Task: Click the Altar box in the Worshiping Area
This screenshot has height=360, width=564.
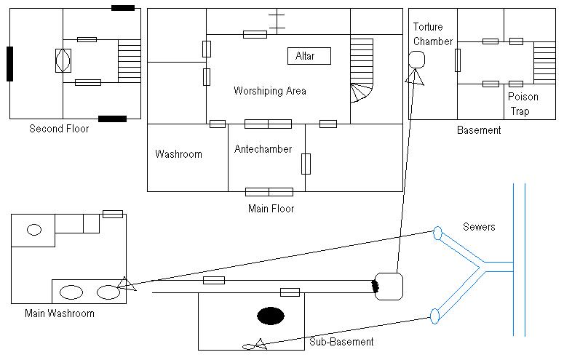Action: click(x=309, y=56)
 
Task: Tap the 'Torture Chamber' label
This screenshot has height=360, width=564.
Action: click(x=433, y=34)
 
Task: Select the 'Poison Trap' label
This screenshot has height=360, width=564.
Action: click(x=523, y=104)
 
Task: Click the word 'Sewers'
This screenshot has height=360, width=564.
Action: click(x=479, y=227)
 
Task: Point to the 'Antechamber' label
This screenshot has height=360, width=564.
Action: click(x=263, y=149)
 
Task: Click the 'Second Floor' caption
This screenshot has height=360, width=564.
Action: click(x=59, y=129)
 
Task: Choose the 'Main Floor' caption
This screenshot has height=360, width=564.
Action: click(x=271, y=209)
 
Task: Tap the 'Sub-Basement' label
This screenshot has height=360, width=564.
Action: click(x=341, y=342)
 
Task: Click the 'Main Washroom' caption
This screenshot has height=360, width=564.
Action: click(x=60, y=313)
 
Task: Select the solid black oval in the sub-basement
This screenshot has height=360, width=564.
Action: click(x=271, y=316)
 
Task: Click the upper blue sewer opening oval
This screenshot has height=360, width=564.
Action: click(x=437, y=233)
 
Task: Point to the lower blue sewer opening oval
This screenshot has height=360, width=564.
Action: click(x=435, y=316)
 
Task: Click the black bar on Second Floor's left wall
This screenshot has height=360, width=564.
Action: click(x=9, y=64)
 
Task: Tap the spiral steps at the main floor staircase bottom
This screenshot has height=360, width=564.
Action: click(x=362, y=93)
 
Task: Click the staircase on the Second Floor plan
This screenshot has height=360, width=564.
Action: click(x=129, y=61)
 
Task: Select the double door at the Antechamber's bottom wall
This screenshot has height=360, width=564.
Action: click(x=269, y=192)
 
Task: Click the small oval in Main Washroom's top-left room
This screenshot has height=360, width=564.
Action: click(x=34, y=230)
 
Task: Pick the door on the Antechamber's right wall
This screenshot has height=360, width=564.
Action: click(x=306, y=164)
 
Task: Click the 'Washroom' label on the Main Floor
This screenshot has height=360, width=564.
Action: click(x=178, y=154)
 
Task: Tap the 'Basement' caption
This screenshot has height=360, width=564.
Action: click(x=479, y=130)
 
